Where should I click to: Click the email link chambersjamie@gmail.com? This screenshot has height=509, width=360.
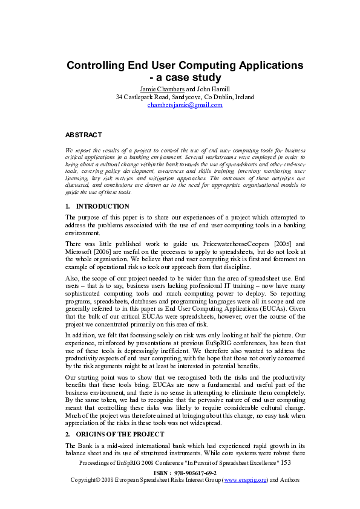185,105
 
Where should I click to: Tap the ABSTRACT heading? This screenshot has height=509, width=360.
83,135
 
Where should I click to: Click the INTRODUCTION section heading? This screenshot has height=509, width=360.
103,206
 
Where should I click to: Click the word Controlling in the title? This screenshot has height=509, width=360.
100,65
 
